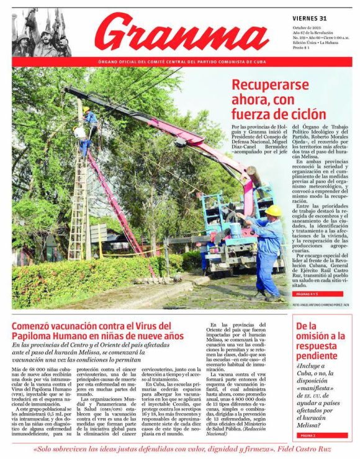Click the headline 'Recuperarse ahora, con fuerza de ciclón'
pos(277,99)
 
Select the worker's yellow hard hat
pos(273,211)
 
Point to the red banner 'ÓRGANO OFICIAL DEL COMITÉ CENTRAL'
pos(180,62)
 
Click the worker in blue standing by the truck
pos(270,248)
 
